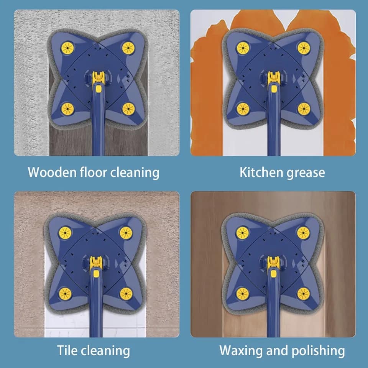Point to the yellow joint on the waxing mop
273,264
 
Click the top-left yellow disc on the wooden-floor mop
67,48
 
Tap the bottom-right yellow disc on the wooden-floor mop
128,109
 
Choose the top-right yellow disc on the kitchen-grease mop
304,48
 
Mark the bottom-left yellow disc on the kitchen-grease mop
243,109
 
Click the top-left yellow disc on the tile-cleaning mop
65,233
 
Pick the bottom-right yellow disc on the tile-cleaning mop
126,294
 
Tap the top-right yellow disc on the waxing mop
303,233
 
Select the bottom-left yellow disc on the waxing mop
242,294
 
